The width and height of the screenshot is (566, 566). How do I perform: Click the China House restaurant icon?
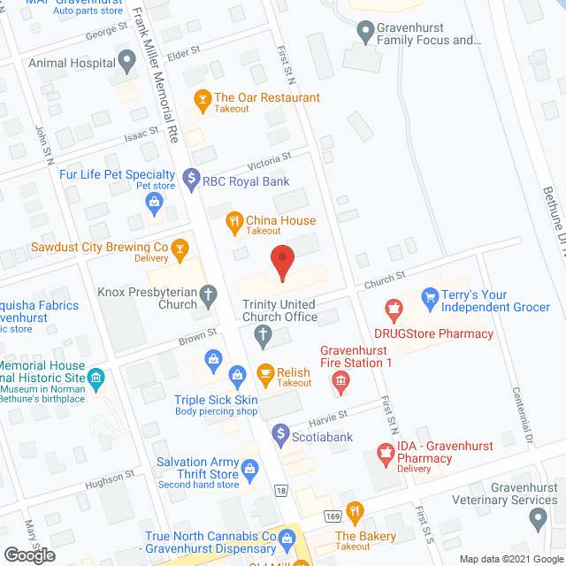point(234,222)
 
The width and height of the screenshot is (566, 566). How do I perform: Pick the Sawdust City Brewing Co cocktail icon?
point(180,249)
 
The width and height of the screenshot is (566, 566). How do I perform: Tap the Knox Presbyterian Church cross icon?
point(208,296)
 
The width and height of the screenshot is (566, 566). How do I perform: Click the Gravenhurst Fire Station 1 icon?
point(340,382)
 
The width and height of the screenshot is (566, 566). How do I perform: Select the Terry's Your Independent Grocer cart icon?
point(431,297)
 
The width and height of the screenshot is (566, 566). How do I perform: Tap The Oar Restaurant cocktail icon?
point(202,99)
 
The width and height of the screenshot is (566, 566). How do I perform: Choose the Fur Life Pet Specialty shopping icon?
point(155,203)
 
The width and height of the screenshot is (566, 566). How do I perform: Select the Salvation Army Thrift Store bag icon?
point(251,467)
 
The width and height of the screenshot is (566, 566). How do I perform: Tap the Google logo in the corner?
point(28,555)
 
